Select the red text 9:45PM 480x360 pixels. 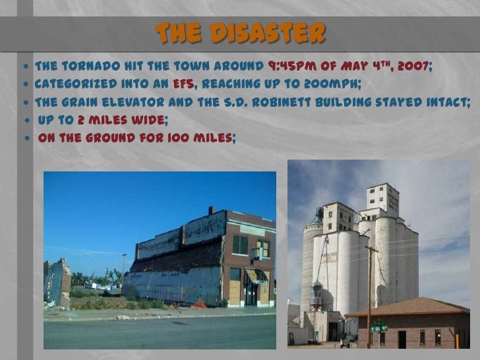pos(291,67)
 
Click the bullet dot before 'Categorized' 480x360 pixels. pos(26,85)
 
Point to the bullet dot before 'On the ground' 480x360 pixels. pos(27,138)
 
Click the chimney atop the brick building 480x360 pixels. pos(211,210)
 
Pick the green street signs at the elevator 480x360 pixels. pos(378,325)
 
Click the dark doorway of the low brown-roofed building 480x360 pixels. pos(402,339)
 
